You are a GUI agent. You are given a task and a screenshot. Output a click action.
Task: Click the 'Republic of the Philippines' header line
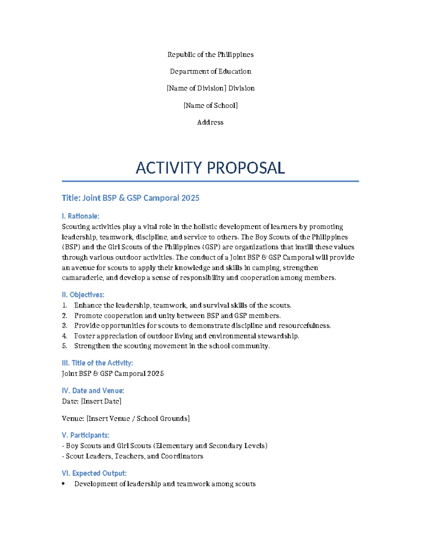click(210, 55)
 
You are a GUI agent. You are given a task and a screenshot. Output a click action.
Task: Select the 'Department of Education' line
click(210, 71)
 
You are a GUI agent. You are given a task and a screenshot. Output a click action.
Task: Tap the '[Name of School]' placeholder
click(210, 105)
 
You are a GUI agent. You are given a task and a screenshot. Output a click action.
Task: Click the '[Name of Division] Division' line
click(210, 88)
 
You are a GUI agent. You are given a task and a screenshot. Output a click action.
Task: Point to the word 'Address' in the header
click(210, 122)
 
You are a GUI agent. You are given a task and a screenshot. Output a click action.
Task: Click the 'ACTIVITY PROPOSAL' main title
click(210, 168)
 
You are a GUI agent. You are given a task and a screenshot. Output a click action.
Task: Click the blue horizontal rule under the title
click(210, 181)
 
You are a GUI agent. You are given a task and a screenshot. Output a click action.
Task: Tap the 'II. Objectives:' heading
click(83, 295)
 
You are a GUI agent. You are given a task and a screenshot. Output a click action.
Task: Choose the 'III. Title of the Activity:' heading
click(97, 363)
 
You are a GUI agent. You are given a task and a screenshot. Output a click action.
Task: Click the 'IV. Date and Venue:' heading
click(93, 391)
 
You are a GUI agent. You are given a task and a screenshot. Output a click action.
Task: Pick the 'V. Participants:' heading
click(85, 435)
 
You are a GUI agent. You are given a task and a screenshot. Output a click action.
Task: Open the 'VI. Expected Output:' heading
click(94, 473)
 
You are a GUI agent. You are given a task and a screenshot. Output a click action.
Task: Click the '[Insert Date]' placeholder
click(101, 401)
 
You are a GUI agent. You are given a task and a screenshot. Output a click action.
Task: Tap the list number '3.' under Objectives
click(65, 326)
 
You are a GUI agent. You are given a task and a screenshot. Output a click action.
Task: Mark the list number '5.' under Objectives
click(65, 346)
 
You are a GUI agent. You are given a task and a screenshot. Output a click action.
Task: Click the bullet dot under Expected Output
click(64, 484)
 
